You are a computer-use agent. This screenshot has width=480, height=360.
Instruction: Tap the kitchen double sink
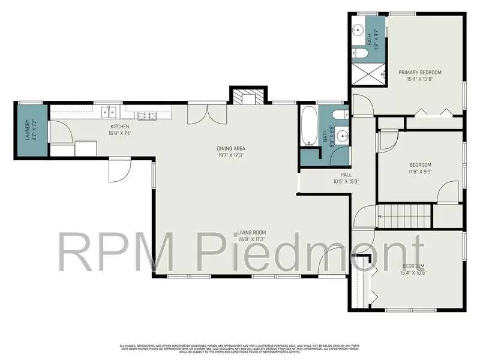[109, 111]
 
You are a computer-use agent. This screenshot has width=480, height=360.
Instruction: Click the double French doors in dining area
[200, 113]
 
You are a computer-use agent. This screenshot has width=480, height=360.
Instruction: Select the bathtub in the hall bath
[309, 127]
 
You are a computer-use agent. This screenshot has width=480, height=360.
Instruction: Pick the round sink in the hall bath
[342, 135]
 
